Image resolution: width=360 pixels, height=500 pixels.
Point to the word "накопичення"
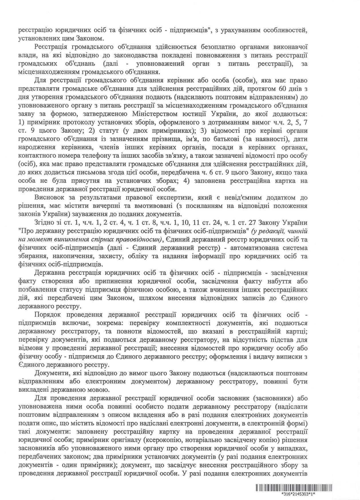(70, 256)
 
